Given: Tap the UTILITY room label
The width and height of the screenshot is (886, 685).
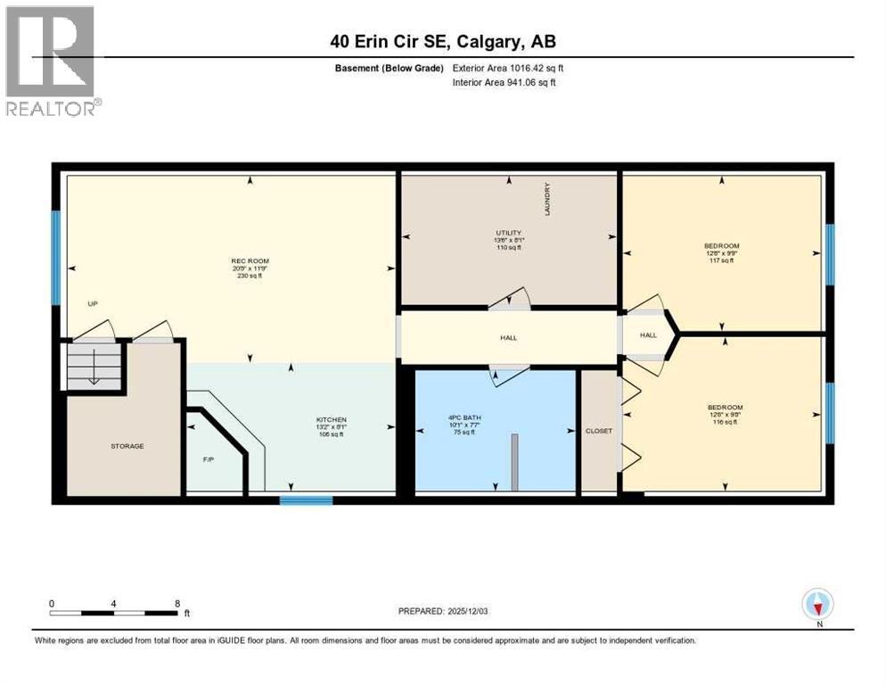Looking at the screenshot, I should (x=509, y=233).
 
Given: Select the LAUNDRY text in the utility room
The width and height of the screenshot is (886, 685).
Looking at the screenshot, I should (x=548, y=199).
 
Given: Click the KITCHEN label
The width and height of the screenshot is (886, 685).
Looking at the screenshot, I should (x=331, y=419).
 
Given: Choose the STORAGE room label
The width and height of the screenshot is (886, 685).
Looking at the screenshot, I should (x=127, y=446).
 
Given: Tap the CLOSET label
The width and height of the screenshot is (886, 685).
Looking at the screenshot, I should (x=598, y=431).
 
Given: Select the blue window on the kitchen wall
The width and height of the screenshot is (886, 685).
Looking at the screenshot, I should (x=306, y=500).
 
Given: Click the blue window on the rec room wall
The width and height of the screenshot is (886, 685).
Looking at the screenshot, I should (x=55, y=258).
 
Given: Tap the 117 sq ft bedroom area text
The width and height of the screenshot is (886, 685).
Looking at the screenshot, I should (x=721, y=260).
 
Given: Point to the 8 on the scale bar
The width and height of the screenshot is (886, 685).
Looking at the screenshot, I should (x=176, y=604).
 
